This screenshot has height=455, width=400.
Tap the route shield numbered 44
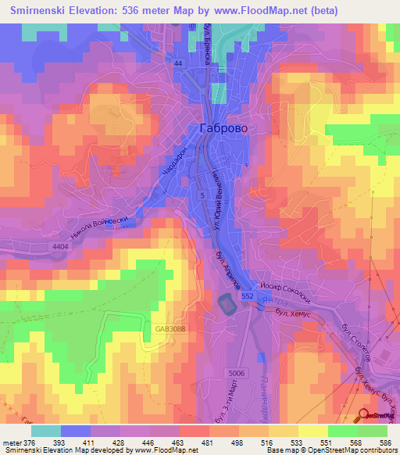[179, 63]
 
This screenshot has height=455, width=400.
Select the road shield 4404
[60, 246]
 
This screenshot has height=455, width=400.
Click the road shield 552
[247, 297]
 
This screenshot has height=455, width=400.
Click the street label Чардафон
[177, 164]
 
